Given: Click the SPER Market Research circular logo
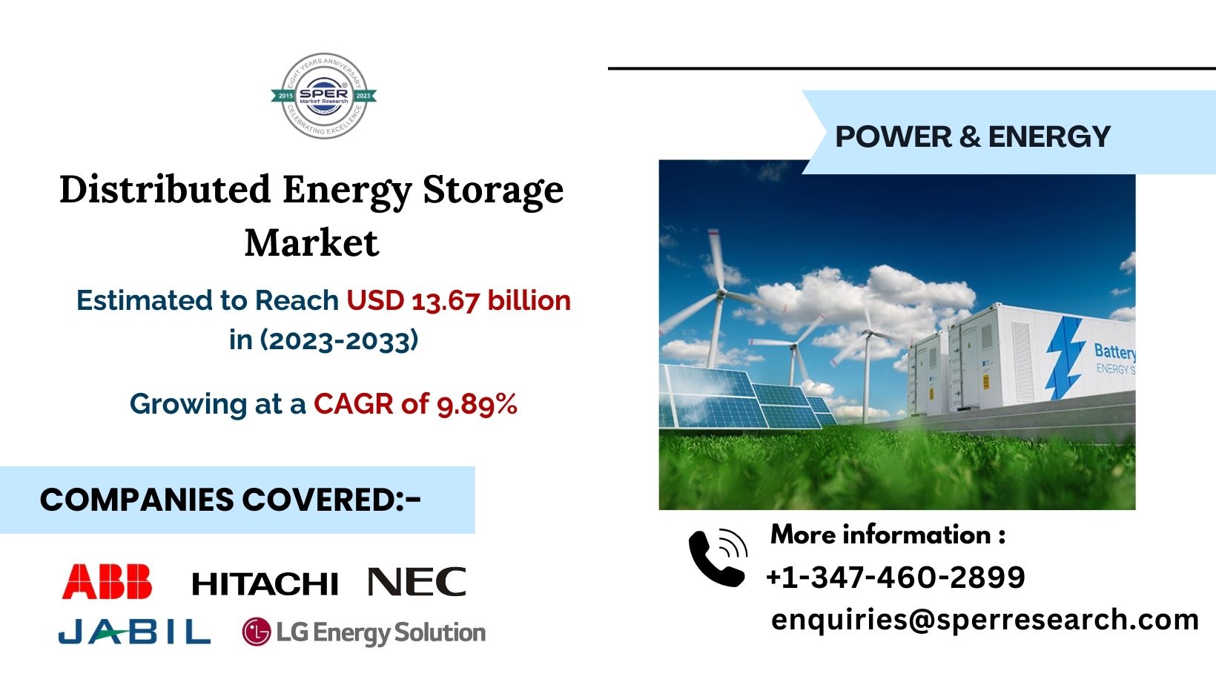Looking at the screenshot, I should pyautogui.click(x=323, y=96).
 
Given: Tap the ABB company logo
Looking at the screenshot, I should pyautogui.click(x=108, y=581).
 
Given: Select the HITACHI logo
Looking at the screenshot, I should pyautogui.click(x=265, y=584).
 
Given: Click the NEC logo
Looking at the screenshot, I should pyautogui.click(x=417, y=582).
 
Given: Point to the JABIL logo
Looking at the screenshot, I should pyautogui.click(x=134, y=632).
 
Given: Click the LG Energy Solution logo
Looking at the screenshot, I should pyautogui.click(x=364, y=632).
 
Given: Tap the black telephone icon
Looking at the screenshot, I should pyautogui.click(x=717, y=557).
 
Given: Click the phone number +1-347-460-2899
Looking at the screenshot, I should pyautogui.click(x=895, y=577).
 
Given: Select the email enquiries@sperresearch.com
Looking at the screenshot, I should pyautogui.click(x=985, y=619).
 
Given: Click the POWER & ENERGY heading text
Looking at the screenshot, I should pyautogui.click(x=972, y=136).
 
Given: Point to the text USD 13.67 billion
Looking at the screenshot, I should pyautogui.click(x=459, y=300).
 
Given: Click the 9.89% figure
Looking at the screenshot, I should pyautogui.click(x=477, y=404).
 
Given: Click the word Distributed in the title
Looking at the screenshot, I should pyautogui.click(x=165, y=189).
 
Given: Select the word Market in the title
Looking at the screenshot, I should pyautogui.click(x=311, y=242).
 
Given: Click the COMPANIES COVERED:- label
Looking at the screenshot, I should pyautogui.click(x=231, y=500).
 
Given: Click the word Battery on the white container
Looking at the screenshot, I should pyautogui.click(x=1114, y=352).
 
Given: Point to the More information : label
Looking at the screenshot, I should pyautogui.click(x=888, y=535).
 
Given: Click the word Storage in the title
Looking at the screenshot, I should pyautogui.click(x=493, y=191).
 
